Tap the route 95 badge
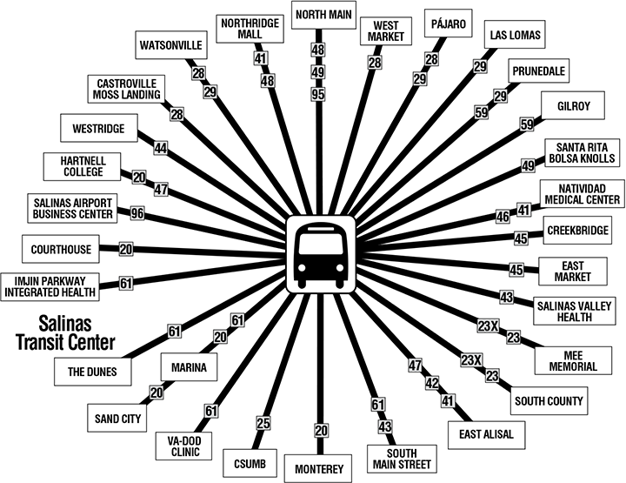(318, 93)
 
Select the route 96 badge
(137, 212)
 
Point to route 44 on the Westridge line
(160, 149)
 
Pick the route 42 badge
(430, 382)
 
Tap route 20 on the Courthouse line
(125, 249)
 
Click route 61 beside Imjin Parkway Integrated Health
(125, 282)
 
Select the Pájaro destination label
(450, 21)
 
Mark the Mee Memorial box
(572, 359)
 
